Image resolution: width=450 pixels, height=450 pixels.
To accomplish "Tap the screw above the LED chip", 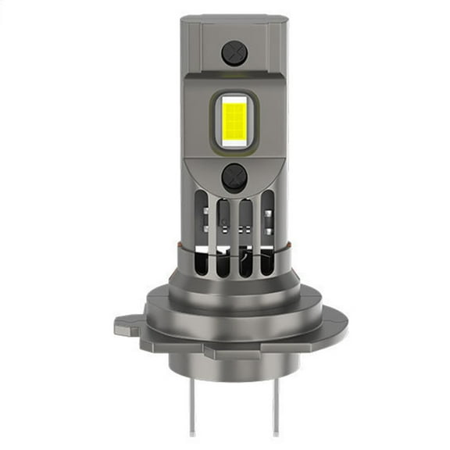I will tap(234, 53).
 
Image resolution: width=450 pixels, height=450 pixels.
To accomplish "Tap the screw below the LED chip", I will tap(234, 177).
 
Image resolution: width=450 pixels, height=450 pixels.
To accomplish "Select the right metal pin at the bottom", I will tap(274, 407).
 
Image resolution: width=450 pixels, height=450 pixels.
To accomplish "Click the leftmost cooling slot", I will tap(204, 230).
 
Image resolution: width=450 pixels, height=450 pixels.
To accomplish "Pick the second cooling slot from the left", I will tap(224, 234).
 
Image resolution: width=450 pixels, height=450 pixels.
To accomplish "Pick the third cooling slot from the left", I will tap(245, 234).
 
